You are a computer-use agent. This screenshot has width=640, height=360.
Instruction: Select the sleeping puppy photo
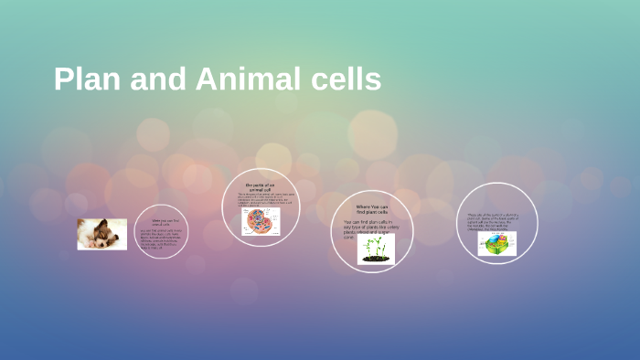click(x=101, y=234)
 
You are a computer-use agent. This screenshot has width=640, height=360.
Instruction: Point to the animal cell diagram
click(x=261, y=220)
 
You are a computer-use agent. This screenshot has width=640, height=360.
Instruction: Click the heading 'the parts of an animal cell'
click(x=261, y=186)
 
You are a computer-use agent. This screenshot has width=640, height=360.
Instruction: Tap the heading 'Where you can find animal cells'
click(x=161, y=221)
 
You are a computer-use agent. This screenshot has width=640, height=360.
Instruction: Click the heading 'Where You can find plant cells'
click(x=372, y=209)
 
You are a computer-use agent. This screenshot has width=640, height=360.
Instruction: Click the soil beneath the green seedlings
click(x=375, y=259)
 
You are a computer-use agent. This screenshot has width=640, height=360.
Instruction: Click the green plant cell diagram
click(x=496, y=243)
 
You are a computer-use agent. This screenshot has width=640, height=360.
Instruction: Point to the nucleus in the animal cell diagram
click(x=259, y=219)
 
